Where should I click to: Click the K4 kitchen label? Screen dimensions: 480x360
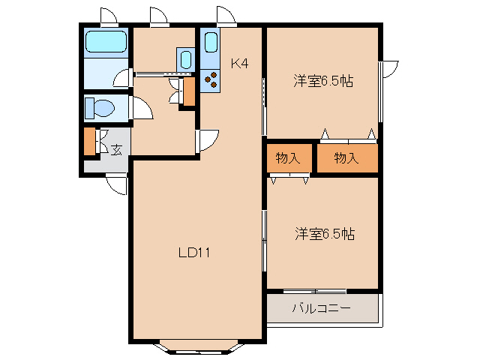tap(239, 64)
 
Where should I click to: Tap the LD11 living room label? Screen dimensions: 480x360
tap(194, 253)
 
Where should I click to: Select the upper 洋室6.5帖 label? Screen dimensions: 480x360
tap(323, 81)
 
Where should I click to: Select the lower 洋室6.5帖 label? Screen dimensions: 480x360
tap(325, 234)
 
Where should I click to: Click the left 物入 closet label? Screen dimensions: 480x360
tap(288, 158)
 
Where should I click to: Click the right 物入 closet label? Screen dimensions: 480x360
tap(346, 158)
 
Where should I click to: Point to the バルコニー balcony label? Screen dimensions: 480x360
tap(322, 308)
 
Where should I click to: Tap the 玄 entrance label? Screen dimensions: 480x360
tap(116, 150)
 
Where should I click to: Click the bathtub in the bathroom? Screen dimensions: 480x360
tap(106, 42)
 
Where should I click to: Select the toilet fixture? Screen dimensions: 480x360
tap(100, 108)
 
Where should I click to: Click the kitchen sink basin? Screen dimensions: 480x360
tap(211, 42)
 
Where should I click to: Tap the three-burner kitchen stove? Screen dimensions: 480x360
tap(211, 81)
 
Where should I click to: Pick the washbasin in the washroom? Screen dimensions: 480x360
tap(186, 59)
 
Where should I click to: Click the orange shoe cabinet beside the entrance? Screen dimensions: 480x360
tap(90, 142)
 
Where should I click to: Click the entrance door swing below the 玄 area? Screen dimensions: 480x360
tap(117, 184)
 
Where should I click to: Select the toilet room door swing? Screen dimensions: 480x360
tap(142, 108)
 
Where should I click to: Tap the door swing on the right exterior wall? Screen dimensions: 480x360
tap(389, 69)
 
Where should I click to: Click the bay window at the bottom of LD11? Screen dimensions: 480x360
tap(198, 346)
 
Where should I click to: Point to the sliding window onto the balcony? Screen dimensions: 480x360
tap(315, 291)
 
